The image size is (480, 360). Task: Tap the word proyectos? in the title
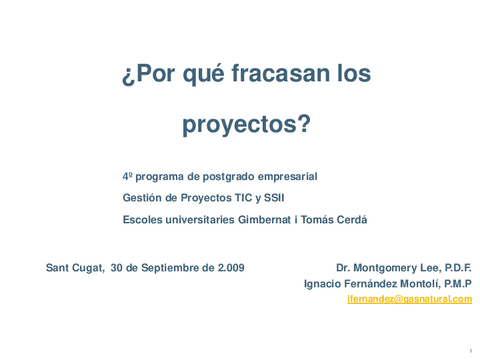[x=246, y=125]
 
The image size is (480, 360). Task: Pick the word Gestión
[x=142, y=198]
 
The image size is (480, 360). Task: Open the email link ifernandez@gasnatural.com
[x=409, y=299]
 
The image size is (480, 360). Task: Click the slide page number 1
[x=469, y=351]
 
